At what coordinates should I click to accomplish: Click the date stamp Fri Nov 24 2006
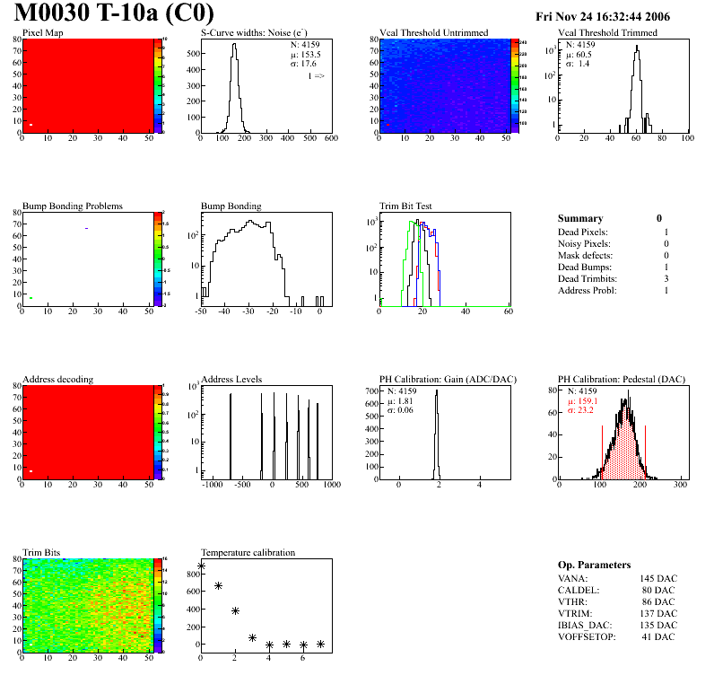(x=603, y=16)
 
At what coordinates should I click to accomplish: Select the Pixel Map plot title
(x=43, y=33)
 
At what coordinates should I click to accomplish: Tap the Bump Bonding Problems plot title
(x=73, y=206)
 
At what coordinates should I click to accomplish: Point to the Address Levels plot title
(x=231, y=379)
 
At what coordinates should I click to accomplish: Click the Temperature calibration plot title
(x=248, y=552)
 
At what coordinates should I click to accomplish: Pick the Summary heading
(x=580, y=218)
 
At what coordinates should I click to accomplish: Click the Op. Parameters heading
(x=594, y=565)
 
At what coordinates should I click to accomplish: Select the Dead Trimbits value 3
(x=666, y=278)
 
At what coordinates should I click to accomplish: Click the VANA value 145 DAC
(x=658, y=578)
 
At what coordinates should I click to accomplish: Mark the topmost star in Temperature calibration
(x=202, y=566)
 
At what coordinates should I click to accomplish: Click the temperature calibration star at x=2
(x=235, y=610)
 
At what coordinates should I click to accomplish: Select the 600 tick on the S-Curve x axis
(x=330, y=139)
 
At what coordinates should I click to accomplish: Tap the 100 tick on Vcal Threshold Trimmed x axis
(x=687, y=139)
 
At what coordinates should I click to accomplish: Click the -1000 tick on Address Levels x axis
(x=213, y=485)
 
